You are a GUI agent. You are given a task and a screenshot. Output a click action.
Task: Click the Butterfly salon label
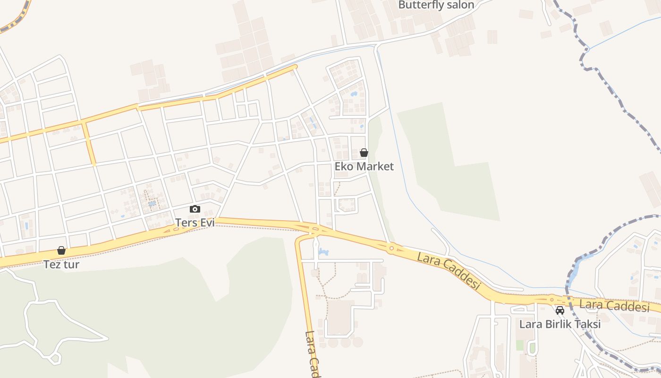[436, 5]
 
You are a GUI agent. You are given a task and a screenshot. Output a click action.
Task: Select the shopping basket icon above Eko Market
[364, 153]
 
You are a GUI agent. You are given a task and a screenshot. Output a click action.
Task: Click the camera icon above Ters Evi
[195, 209]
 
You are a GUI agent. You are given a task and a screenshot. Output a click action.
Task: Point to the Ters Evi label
[195, 222]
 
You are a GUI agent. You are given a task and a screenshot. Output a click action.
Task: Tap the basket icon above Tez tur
[61, 250]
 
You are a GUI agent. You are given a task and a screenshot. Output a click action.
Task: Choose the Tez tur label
[61, 265]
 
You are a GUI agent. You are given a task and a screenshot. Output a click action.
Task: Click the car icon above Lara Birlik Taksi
[560, 310]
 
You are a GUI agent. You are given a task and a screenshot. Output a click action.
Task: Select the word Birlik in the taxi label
[560, 324]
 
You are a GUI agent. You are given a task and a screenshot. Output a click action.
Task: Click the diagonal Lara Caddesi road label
[449, 271]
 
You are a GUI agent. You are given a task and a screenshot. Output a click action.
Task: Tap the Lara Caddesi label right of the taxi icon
[614, 306]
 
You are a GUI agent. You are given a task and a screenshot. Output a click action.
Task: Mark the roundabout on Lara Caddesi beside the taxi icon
[551, 299]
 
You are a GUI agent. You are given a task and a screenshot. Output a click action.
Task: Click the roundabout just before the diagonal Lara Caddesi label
[391, 248]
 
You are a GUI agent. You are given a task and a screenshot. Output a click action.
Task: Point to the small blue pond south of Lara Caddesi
[323, 252]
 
